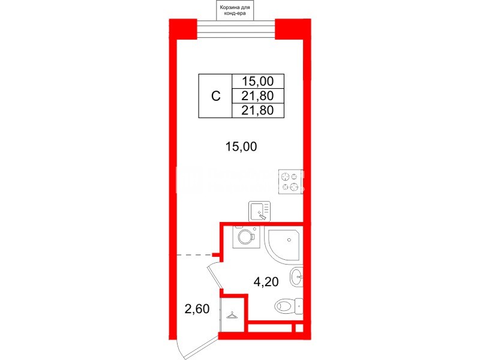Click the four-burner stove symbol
(289, 182)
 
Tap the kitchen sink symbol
(259, 211)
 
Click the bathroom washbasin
(296, 278)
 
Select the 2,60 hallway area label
(197, 310)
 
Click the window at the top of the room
(236, 28)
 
